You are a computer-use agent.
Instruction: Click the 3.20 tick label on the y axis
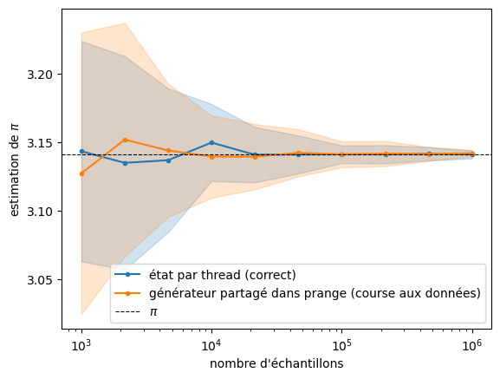40,75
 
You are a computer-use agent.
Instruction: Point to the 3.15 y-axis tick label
40,143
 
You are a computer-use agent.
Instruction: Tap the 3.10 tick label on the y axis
40,212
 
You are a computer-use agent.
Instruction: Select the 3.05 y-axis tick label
40,280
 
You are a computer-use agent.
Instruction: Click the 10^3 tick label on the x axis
81,345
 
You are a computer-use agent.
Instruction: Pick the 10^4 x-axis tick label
211,345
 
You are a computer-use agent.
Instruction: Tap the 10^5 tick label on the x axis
341,345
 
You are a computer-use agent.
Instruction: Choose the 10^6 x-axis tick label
472,345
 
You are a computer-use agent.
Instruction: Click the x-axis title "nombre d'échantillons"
276,363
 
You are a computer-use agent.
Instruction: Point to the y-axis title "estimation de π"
14,170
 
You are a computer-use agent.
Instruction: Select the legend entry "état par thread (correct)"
222,275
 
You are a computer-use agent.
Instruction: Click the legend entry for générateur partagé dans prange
315,293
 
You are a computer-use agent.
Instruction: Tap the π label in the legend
153,311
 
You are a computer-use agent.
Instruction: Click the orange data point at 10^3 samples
82,173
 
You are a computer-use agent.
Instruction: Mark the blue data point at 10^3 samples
82,151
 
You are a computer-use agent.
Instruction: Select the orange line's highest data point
125,140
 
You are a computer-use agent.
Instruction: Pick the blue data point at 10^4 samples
211,142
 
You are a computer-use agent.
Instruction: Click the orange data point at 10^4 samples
211,157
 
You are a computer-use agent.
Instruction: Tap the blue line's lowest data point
125,163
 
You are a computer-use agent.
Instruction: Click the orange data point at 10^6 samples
472,154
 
